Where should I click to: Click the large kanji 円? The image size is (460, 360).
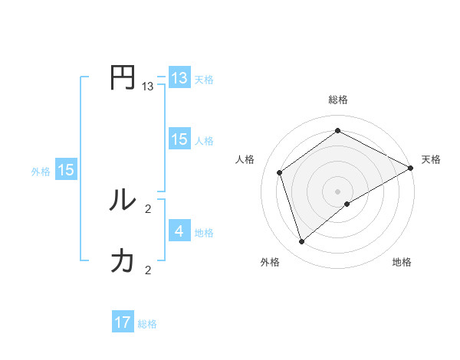123,78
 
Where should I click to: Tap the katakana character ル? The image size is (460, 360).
123,200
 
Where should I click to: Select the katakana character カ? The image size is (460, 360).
123,260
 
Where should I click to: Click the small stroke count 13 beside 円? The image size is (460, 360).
148,87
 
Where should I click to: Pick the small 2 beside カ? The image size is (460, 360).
148,270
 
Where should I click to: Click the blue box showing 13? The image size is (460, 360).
179,78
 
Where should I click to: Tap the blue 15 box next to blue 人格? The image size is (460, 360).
179,139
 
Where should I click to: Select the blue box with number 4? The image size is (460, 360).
179,231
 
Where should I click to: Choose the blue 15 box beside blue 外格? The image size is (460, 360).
66,170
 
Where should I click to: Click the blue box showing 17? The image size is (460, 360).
123,322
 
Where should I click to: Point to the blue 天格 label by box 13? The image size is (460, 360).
203,80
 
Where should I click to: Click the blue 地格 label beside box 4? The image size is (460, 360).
204,233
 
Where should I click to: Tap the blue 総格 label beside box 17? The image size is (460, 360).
147,324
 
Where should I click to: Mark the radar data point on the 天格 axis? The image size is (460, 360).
411,168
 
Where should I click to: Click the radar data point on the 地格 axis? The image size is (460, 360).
347,204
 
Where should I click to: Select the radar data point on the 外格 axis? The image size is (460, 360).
302,242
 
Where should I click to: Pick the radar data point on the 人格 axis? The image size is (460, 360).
280,172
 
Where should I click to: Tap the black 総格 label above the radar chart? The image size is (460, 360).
338,100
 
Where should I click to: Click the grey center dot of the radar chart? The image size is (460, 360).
338,191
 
